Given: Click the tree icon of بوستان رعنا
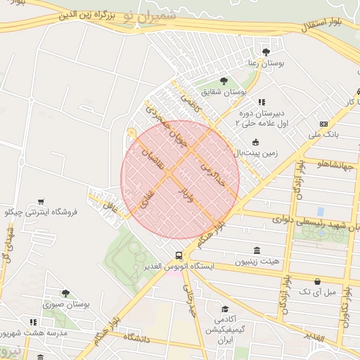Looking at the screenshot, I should click(x=266, y=51).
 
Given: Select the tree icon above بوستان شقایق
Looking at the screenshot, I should click(x=224, y=81).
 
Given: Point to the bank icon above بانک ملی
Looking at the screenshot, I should click(x=323, y=124).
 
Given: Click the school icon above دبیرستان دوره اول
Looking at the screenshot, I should click(x=262, y=102).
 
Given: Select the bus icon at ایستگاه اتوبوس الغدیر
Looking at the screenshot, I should click(x=179, y=256).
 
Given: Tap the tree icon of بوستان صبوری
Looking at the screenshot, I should click(x=65, y=293).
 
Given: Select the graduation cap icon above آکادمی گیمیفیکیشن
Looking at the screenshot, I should click(x=224, y=309).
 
